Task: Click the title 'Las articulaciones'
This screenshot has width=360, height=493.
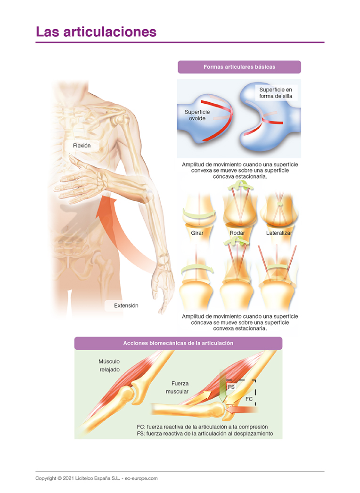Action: (96, 32)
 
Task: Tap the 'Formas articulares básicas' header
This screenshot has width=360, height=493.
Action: (239, 67)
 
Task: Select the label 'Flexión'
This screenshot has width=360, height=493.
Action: (82, 146)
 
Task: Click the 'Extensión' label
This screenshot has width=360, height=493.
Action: (126, 305)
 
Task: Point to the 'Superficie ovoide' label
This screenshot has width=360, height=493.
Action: (197, 115)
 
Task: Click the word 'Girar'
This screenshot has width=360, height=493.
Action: (197, 233)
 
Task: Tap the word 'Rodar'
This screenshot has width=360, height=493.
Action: (237, 233)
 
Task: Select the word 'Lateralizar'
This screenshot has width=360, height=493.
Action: (279, 233)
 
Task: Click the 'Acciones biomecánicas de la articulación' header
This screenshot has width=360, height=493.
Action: (178, 343)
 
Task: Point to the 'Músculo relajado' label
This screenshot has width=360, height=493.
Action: (109, 365)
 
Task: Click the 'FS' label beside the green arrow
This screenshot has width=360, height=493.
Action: (231, 386)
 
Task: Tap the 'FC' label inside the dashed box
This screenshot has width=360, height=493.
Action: (249, 399)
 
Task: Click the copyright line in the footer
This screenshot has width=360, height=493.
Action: (97, 478)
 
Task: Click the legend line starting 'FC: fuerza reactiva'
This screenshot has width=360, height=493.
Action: (202, 426)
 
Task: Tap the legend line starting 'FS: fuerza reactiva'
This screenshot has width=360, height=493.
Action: (205, 433)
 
